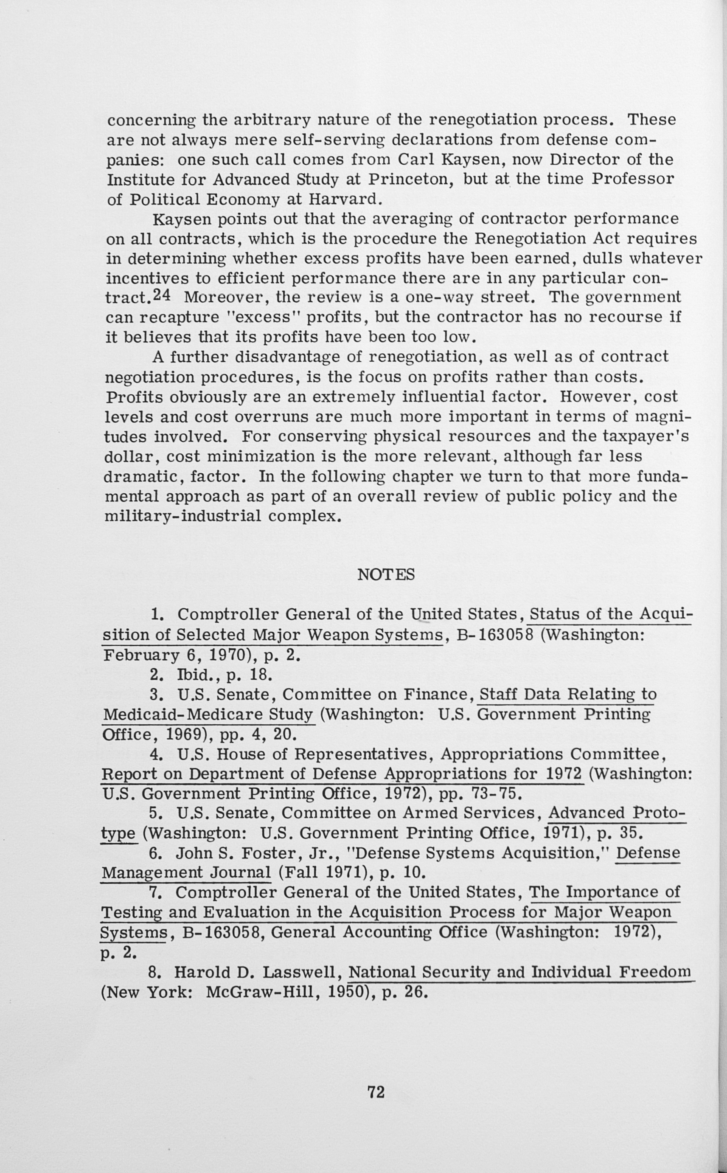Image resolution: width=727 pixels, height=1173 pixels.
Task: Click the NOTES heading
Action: click(386, 575)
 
